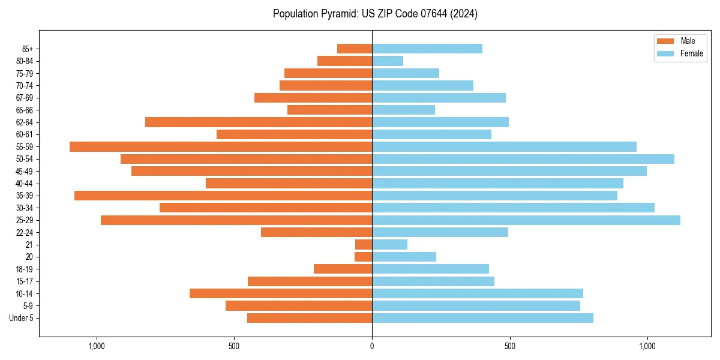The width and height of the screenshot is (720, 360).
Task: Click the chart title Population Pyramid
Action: click(375, 14)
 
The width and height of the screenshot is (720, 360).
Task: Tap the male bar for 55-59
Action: click(221, 146)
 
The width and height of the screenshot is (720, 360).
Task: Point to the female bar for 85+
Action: click(427, 49)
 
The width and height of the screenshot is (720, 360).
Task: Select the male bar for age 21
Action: click(364, 245)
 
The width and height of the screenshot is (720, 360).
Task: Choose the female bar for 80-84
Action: click(388, 61)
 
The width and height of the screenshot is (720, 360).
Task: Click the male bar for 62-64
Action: click(259, 122)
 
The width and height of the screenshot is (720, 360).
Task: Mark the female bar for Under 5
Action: click(482, 318)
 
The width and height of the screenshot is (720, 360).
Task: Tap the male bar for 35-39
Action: click(223, 196)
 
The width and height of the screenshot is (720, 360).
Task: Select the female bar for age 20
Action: click(404, 257)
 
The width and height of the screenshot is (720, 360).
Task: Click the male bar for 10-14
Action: click(281, 293)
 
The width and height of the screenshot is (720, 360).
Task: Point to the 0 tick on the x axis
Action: click(372, 346)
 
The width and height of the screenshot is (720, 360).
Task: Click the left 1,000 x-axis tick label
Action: click(97, 346)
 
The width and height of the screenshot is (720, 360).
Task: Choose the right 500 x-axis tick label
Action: click(509, 346)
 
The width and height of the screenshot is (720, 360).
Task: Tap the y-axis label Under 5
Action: click(21, 318)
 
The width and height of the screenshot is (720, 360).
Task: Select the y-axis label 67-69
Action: click(25, 98)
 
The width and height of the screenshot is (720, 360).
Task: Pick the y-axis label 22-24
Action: click(25, 233)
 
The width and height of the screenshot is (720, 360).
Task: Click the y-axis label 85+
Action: click(28, 49)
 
